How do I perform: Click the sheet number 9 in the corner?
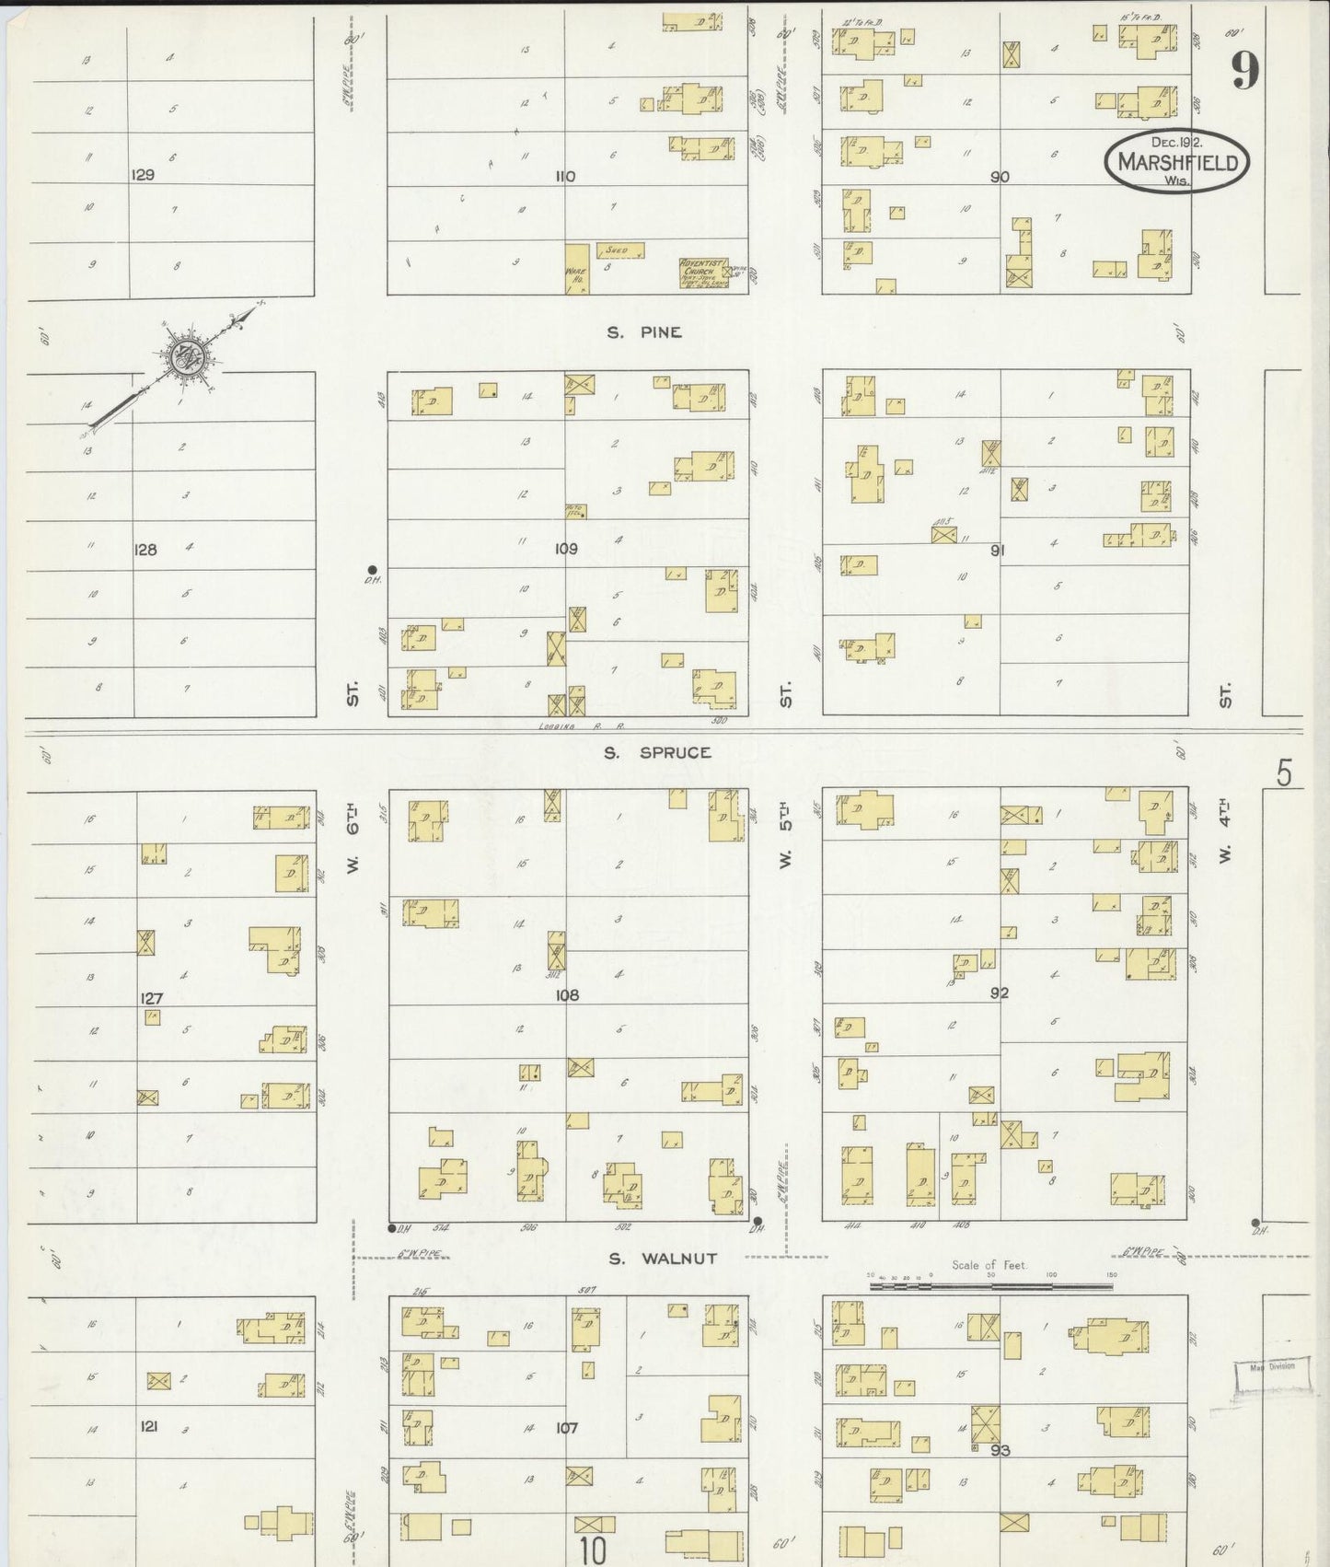(x=1244, y=70)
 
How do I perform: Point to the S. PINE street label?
(x=644, y=332)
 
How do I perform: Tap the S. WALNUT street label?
(x=663, y=1258)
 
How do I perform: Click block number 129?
(x=143, y=175)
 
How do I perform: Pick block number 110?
(x=566, y=176)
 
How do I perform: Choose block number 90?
(x=1000, y=176)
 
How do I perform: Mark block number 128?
(x=145, y=550)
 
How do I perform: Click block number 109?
(x=565, y=549)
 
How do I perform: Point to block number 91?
(x=997, y=550)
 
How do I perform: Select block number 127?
(x=151, y=998)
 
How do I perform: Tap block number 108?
(x=568, y=995)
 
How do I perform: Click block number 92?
(x=1000, y=992)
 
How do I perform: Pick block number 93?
(x=1000, y=1450)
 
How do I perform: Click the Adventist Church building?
(x=704, y=273)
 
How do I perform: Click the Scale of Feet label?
(x=990, y=1265)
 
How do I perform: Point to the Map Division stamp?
(x=1271, y=1365)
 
